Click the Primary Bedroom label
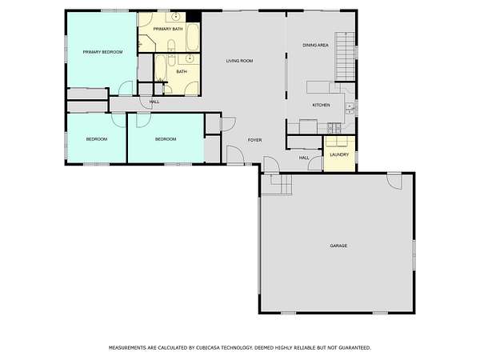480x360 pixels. pyautogui.click(x=103, y=52)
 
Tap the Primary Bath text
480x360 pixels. pyautogui.click(x=168, y=29)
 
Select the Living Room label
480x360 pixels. pyautogui.click(x=239, y=61)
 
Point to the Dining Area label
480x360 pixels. pyautogui.click(x=316, y=46)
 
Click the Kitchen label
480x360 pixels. pyautogui.click(x=321, y=105)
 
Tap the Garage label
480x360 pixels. pyautogui.click(x=338, y=246)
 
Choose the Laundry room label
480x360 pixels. pyautogui.click(x=339, y=155)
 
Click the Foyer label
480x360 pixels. pyautogui.click(x=254, y=140)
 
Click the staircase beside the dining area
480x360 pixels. pyautogui.click(x=345, y=56)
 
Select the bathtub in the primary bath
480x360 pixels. pyautogui.click(x=193, y=38)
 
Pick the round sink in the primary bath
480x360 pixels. pyautogui.click(x=175, y=17)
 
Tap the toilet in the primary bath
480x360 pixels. pyautogui.click(x=171, y=46)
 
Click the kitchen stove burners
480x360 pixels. pyautogui.click(x=334, y=128)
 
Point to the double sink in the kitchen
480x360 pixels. pyautogui.click(x=350, y=108)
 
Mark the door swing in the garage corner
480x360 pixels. pyautogui.click(x=394, y=182)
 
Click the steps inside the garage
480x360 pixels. pyautogui.click(x=277, y=185)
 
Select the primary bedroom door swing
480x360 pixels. pyautogui.click(x=126, y=88)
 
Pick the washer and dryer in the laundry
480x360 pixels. pyautogui.click(x=337, y=142)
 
